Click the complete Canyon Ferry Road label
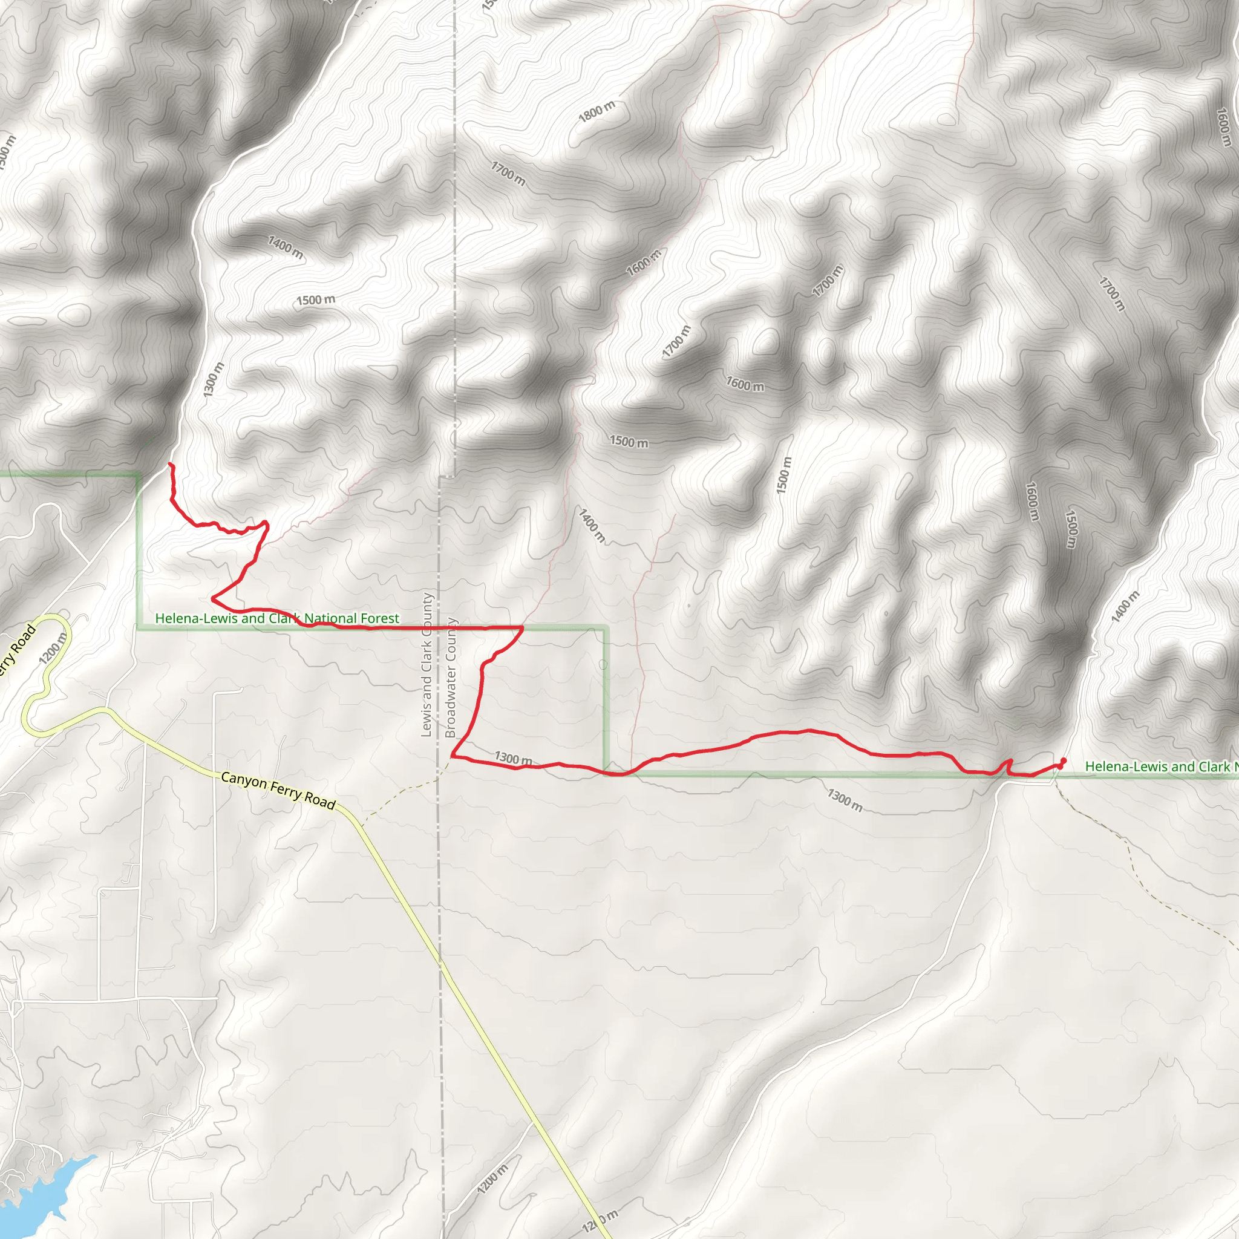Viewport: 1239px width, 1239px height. pos(278,791)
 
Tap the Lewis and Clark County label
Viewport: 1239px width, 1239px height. pos(427,664)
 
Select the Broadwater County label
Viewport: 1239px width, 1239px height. pos(451,677)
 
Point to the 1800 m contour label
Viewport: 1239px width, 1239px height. pos(597,111)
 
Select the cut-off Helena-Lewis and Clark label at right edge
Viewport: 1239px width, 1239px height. pos(1161,767)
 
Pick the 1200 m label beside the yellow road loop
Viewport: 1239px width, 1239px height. pos(53,649)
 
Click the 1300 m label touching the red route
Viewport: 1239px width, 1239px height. pos(513,758)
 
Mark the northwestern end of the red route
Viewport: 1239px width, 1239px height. pos(170,463)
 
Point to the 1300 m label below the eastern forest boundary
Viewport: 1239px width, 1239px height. pos(845,799)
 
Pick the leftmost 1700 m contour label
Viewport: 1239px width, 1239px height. pos(508,174)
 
